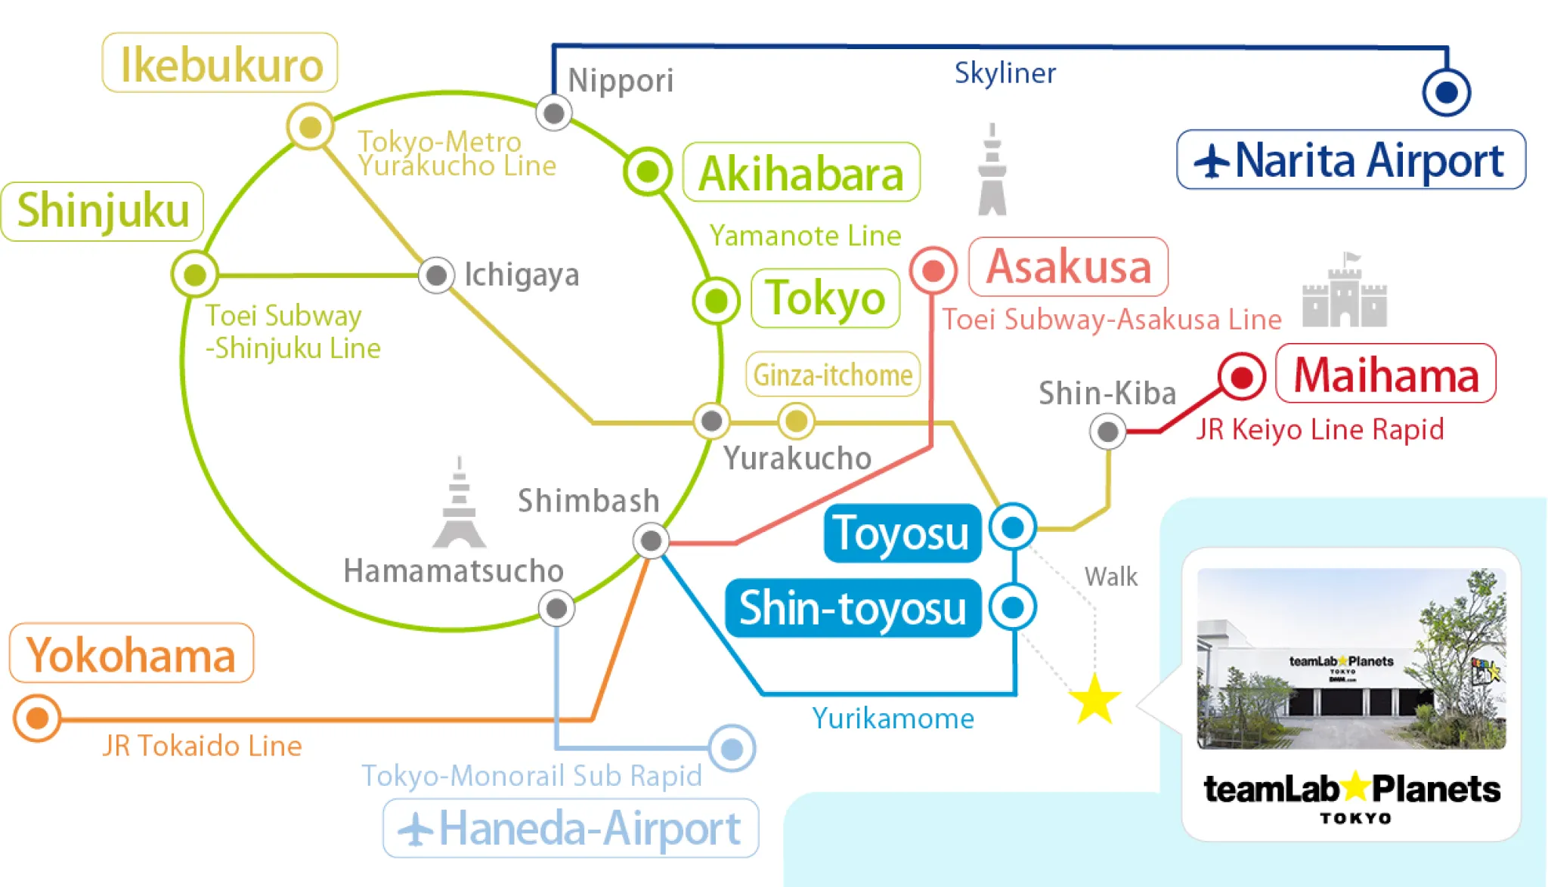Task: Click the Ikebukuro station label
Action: (220, 63)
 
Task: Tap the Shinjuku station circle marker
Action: (195, 274)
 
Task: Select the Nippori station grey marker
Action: (554, 113)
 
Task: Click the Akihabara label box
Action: (801, 173)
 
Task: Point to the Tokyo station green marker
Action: (716, 301)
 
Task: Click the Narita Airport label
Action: (1351, 160)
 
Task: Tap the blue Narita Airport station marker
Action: (1446, 92)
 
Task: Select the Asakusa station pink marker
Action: (933, 270)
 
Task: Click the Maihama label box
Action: (1385, 374)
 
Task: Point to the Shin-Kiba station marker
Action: (1107, 432)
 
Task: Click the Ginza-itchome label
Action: (833, 374)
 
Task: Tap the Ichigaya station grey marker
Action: (436, 275)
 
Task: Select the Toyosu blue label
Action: (902, 533)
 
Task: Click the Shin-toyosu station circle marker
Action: (1013, 607)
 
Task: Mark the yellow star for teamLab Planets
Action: (1094, 700)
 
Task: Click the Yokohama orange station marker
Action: (37, 718)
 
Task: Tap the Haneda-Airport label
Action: (571, 829)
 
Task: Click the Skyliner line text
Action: (1005, 73)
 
